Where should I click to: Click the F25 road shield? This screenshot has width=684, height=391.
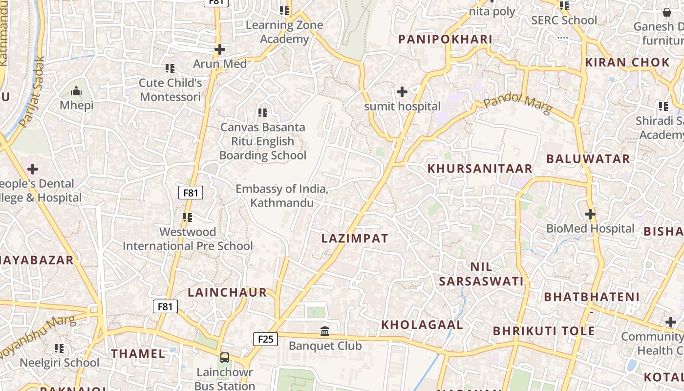[x=265, y=339]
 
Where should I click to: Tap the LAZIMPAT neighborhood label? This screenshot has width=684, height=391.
[x=355, y=239]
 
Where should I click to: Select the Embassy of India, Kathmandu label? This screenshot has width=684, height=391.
[x=282, y=195]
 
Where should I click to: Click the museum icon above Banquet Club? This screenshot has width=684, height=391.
[x=325, y=331]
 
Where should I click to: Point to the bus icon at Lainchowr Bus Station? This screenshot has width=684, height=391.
[x=224, y=358]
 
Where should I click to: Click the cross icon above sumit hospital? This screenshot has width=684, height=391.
[x=402, y=91]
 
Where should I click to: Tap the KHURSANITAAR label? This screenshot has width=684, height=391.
[x=480, y=169]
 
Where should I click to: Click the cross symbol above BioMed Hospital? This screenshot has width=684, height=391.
[x=590, y=214]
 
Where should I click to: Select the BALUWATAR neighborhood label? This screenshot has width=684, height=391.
[x=588, y=159]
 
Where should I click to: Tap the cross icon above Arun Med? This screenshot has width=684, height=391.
[x=220, y=49]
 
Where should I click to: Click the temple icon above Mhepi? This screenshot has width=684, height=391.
[x=76, y=91]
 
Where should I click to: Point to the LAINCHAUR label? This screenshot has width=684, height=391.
[x=228, y=292]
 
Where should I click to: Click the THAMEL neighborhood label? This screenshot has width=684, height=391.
[x=138, y=354]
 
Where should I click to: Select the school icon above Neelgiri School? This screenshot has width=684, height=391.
[x=59, y=348]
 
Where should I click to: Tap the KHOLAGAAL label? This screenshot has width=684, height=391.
[x=422, y=325]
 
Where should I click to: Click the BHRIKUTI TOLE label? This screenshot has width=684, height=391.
[x=544, y=331]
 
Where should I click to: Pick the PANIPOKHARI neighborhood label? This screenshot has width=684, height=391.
[x=445, y=40]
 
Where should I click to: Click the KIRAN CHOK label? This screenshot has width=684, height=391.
[x=627, y=63]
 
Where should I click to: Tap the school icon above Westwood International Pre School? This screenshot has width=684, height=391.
[x=188, y=217]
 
